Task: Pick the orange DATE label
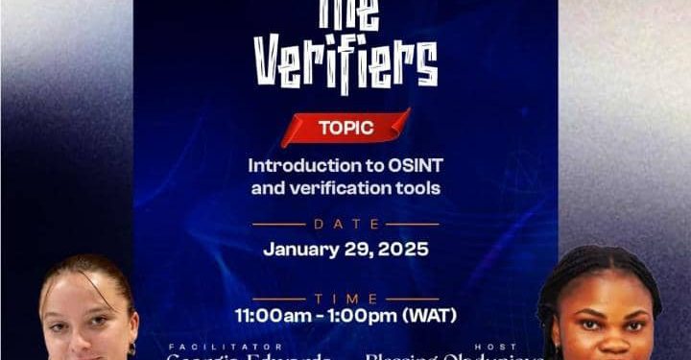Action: [345, 224]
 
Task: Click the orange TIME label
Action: [345, 299]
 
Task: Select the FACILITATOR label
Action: [226, 346]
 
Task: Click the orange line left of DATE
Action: [277, 224]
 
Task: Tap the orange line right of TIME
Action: [413, 299]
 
